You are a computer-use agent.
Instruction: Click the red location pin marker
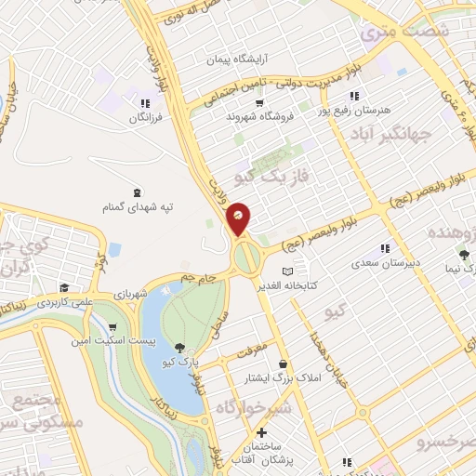tap(239, 218)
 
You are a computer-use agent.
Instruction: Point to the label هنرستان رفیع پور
tap(355, 111)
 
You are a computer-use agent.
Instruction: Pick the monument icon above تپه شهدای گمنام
tap(139, 191)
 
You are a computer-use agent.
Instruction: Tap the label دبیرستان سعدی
tap(387, 264)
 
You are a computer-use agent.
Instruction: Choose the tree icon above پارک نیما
tap(463, 253)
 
